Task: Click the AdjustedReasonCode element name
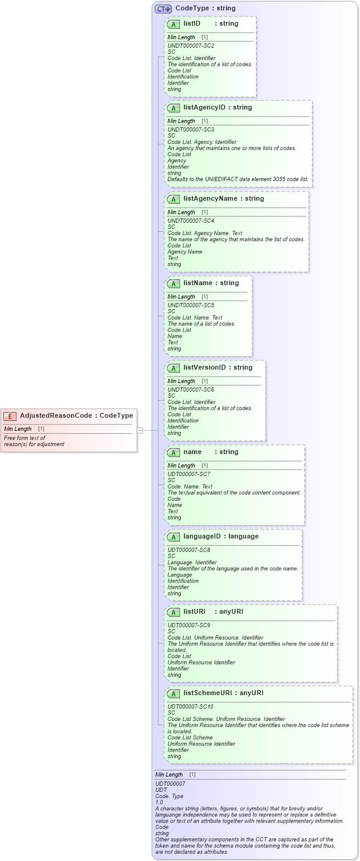tap(57, 416)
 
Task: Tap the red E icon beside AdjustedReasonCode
tap(10, 416)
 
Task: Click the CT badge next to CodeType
tap(163, 9)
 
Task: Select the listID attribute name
tap(192, 24)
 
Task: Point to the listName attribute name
tap(197, 283)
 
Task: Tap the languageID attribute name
tap(201, 536)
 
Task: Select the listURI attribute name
tap(194, 611)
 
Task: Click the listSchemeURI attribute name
tap(207, 693)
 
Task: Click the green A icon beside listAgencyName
tap(173, 199)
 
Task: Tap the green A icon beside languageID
tap(173, 537)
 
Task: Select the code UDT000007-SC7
tap(189, 474)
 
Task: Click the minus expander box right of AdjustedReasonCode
tap(140, 430)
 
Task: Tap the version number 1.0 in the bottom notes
tap(159, 802)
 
